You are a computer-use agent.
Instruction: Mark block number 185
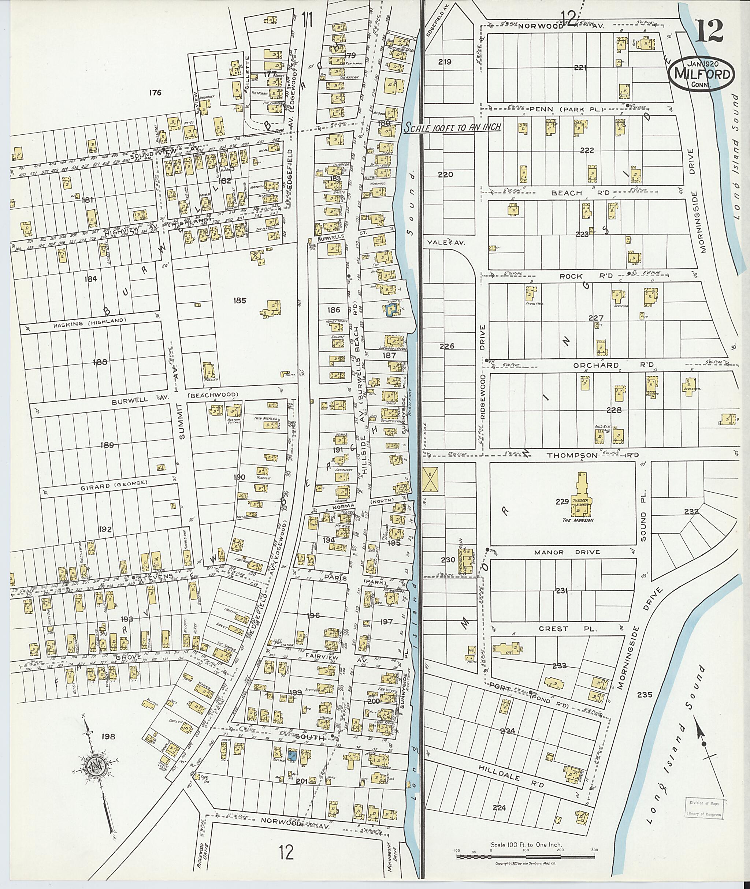240,300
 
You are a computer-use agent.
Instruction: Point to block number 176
155,93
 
